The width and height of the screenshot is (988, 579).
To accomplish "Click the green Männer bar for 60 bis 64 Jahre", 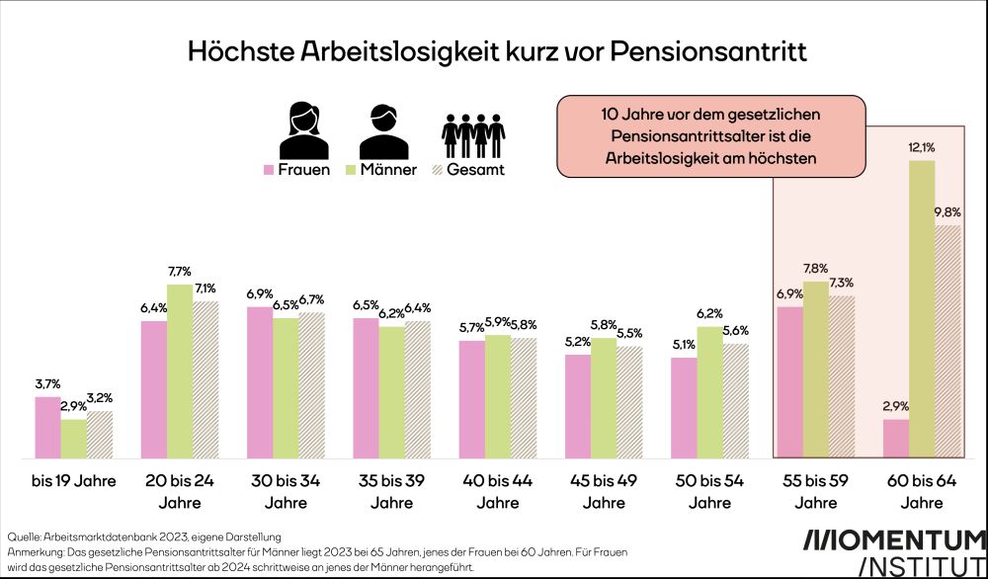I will point(921,309).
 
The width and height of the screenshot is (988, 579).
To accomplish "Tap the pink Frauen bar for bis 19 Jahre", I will point(47,428).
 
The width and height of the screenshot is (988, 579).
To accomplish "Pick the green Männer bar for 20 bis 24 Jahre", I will point(180,372).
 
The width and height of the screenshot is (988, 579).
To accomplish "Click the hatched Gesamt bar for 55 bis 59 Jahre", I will point(841,376).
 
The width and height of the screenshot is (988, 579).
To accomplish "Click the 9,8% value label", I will point(947,211).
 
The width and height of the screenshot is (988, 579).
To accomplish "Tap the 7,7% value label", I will point(180,271).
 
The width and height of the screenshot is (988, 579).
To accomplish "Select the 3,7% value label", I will point(47,383).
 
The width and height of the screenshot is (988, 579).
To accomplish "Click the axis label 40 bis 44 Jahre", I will point(498,492).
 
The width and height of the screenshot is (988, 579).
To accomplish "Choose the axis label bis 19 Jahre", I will point(73,482).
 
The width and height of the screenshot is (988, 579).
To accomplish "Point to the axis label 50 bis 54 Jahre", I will point(709,492).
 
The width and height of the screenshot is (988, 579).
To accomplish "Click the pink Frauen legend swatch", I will point(267,170).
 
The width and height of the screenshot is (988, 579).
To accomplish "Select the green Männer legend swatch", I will point(349,170).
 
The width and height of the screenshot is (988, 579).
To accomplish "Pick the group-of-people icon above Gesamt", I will point(472,128).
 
